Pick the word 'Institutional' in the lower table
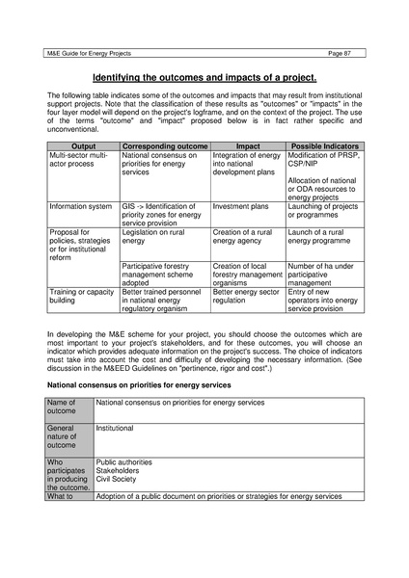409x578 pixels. point(115,427)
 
